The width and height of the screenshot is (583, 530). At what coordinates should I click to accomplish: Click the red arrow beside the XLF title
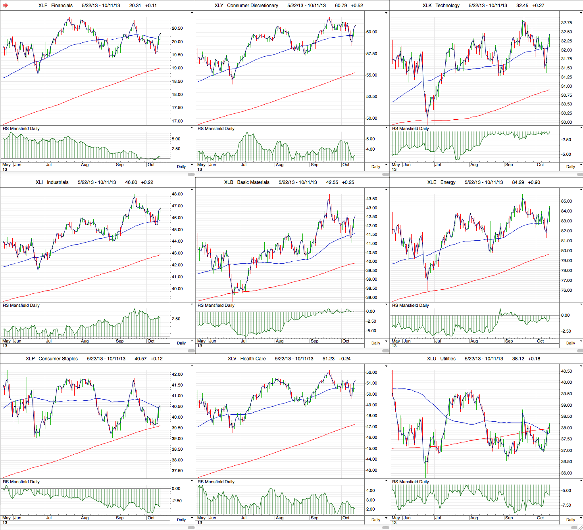coord(5,6)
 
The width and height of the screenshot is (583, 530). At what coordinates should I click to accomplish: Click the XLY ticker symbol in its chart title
coord(219,6)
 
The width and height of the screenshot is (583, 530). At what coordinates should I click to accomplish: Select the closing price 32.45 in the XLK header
coord(522,6)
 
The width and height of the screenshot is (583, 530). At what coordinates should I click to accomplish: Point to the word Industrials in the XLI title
coord(58,182)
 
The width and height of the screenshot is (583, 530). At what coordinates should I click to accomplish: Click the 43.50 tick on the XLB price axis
coord(371,199)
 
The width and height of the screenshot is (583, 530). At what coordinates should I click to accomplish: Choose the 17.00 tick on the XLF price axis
coord(177,121)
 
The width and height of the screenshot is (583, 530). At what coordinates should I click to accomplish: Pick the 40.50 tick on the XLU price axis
coord(566,371)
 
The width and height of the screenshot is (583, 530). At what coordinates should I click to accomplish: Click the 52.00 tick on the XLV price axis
coord(371,373)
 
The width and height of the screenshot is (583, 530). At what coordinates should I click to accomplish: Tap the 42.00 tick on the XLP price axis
coord(177,375)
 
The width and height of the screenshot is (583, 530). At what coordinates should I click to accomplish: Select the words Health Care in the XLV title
coord(253,359)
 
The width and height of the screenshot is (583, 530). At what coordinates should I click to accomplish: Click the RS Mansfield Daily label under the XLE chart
coord(410,306)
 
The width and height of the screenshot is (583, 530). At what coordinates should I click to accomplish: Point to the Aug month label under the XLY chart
coord(279,165)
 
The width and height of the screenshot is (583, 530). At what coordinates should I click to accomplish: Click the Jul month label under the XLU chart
coord(437,518)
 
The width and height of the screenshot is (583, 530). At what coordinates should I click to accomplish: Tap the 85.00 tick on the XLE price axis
coord(566,201)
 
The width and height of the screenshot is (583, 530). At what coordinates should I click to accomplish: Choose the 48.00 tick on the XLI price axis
coord(177,194)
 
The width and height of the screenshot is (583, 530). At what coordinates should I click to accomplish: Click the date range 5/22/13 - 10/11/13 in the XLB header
coord(298,182)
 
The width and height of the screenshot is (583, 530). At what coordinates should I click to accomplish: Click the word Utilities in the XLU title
coord(448,359)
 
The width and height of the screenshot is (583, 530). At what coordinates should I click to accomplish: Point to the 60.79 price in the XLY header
coord(341,6)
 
